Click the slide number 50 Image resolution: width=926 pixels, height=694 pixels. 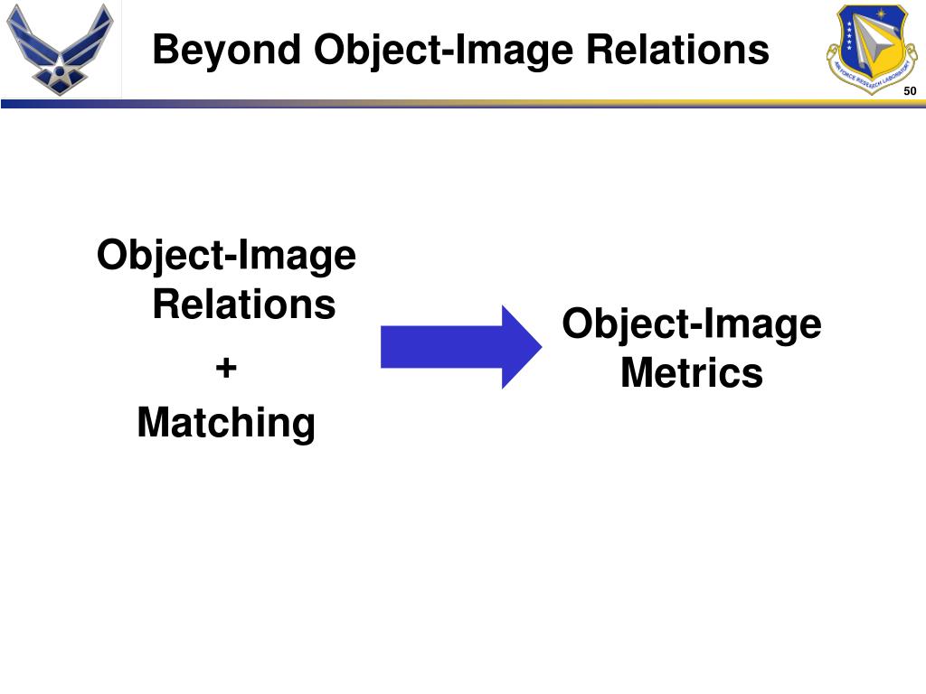tap(910, 91)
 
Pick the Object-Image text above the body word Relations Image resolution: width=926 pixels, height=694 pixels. tap(226, 256)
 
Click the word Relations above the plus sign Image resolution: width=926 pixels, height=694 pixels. tap(243, 304)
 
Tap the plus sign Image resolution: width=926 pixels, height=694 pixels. tap(226, 368)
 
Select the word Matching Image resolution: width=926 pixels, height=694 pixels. tap(226, 422)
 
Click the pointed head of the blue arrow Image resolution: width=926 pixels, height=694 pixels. tap(521, 347)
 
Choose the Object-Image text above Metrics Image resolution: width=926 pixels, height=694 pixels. tap(692, 324)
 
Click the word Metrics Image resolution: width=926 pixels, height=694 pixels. tap(692, 372)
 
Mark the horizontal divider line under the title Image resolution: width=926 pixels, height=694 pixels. tap(463, 104)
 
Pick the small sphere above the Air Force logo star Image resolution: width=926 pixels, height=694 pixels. tap(60, 60)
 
